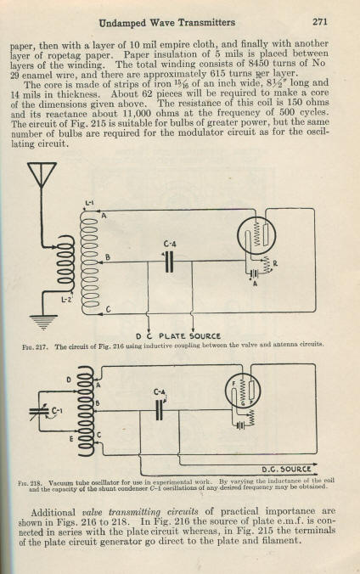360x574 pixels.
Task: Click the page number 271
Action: [320, 22]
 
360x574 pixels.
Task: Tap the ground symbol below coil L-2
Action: [43, 322]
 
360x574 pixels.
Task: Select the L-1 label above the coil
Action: [89, 203]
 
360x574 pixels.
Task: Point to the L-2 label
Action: [66, 300]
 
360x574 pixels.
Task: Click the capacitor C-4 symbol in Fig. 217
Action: [169, 262]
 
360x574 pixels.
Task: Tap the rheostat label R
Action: [274, 262]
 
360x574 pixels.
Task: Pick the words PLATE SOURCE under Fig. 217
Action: [189, 335]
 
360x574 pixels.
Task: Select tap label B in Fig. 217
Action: [107, 257]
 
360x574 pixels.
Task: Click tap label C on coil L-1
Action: [108, 310]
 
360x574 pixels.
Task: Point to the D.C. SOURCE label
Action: [285, 469]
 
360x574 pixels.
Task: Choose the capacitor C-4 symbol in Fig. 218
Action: [159, 410]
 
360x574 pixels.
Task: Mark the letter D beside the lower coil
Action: [69, 380]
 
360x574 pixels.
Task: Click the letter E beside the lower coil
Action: [72, 438]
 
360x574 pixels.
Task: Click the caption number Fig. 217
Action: [35, 346]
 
